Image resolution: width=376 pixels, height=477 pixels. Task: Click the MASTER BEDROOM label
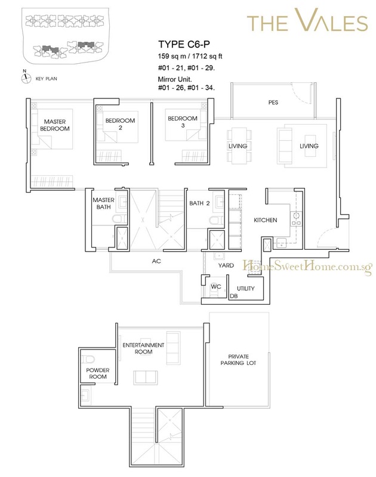(x=55, y=125)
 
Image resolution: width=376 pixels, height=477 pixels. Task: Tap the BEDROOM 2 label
(x=120, y=124)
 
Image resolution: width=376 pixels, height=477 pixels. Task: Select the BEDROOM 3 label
(x=183, y=122)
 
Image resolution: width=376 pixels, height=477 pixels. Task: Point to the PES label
(x=273, y=103)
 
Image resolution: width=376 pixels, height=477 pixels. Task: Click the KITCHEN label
(x=266, y=220)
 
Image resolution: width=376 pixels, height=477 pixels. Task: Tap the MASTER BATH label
(x=103, y=203)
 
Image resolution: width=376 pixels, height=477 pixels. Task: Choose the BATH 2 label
(x=199, y=203)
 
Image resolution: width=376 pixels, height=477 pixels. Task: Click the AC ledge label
(x=156, y=261)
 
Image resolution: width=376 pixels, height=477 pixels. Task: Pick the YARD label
(x=226, y=265)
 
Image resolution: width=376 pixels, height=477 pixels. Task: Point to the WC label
(x=216, y=287)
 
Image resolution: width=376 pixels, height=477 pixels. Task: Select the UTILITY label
(x=246, y=289)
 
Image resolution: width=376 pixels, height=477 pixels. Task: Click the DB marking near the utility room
(x=234, y=296)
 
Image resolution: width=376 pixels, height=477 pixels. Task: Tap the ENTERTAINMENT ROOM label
(x=143, y=348)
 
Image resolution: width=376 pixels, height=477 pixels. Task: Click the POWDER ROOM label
(x=98, y=373)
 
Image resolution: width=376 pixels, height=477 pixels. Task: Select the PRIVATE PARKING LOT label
(x=238, y=360)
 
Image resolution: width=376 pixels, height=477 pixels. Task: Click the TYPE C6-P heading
(x=184, y=44)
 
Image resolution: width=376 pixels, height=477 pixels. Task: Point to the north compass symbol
(x=26, y=78)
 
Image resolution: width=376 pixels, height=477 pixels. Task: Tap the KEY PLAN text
(x=47, y=79)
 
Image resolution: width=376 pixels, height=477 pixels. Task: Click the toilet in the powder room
(x=88, y=359)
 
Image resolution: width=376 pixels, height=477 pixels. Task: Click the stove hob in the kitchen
(x=296, y=219)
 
